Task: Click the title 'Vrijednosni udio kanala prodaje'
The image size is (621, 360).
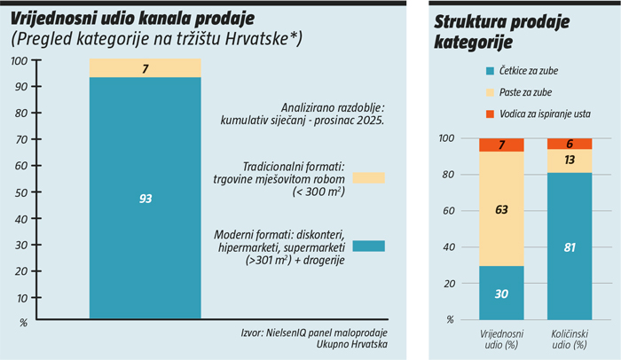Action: point(132,18)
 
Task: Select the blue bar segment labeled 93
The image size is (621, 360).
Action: point(145,198)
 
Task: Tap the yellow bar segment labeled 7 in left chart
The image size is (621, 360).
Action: point(145,68)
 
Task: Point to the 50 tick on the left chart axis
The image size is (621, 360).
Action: point(21,192)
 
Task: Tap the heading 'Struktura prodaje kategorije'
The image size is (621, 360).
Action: point(490,32)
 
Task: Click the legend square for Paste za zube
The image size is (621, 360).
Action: point(489,91)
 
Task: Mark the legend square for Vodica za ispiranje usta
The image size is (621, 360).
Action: point(489,113)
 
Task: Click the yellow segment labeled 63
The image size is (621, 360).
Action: point(501,209)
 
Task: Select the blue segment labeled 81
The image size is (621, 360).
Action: point(569,246)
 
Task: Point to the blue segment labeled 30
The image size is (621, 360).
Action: point(501,293)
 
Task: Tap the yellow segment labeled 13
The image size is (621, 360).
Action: point(569,160)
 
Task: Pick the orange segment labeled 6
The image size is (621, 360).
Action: point(569,144)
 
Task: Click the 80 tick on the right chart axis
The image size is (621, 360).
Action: point(449,175)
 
